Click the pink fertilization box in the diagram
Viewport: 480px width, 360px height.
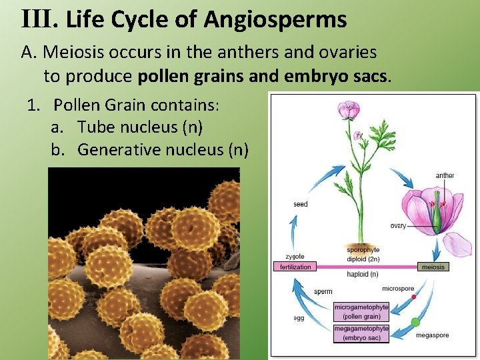[x=295, y=267]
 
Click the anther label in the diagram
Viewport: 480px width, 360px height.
[x=445, y=176]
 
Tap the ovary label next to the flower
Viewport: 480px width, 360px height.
[x=398, y=226]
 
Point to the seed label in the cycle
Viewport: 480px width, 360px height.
[x=301, y=204]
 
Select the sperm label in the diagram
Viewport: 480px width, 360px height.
[x=323, y=291]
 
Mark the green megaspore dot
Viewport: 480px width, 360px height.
[x=415, y=322]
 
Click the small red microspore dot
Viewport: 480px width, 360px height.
[x=413, y=296]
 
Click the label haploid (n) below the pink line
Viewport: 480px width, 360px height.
[x=363, y=273]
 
